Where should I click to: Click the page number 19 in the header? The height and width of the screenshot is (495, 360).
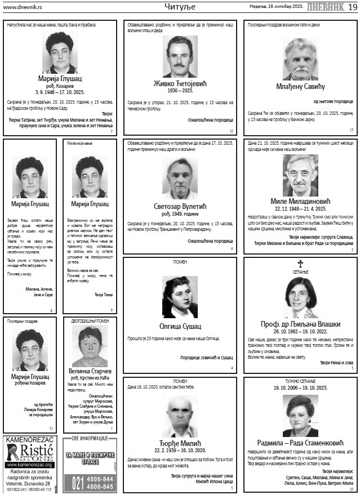coord(352,6)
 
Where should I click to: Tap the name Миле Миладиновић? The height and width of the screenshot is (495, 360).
coord(299,200)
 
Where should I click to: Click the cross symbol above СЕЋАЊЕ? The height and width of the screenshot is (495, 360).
coord(300,263)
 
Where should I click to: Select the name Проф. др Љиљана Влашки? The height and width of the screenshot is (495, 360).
coord(300,324)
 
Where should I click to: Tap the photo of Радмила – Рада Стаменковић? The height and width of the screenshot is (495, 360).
coord(300,414)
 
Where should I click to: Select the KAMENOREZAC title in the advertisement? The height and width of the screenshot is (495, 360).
coord(29,440)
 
